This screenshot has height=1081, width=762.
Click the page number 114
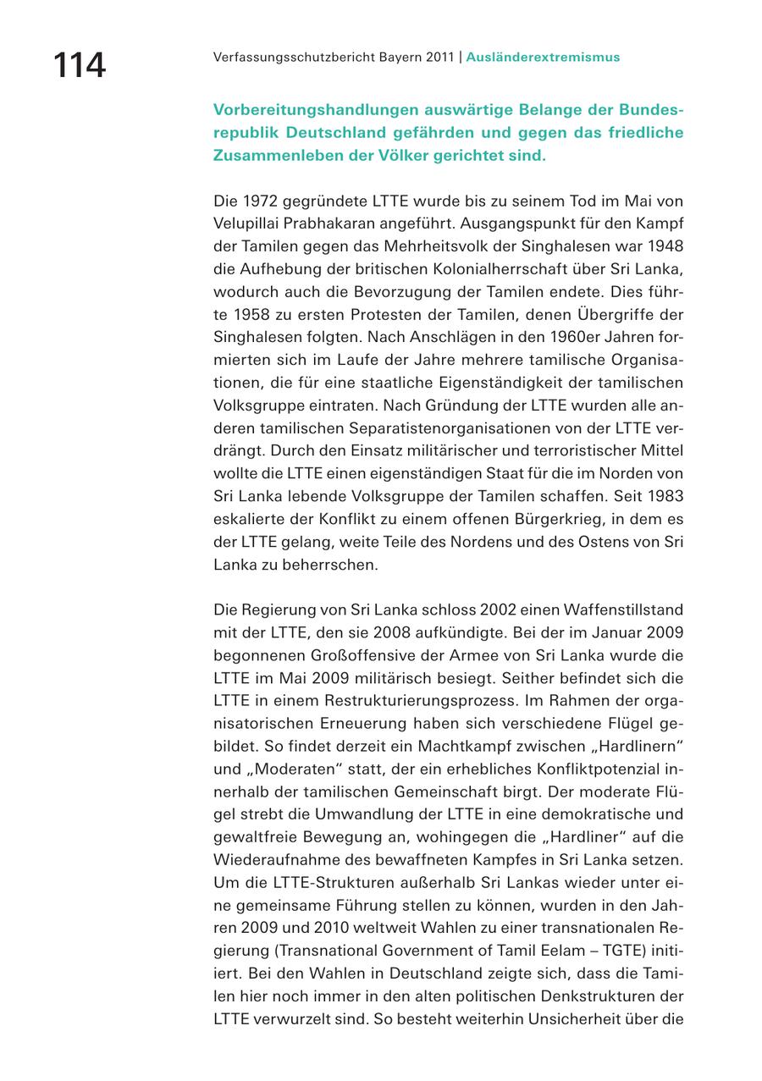(80, 65)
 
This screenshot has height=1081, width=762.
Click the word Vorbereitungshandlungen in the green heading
(308, 110)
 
